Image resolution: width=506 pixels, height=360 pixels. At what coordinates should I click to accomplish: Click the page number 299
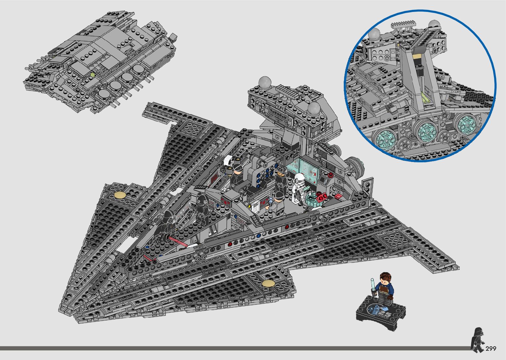coord(491,348)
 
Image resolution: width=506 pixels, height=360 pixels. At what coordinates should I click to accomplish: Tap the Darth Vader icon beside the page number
coord(477,339)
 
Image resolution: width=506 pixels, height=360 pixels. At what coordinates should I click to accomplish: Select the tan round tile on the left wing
coord(120,195)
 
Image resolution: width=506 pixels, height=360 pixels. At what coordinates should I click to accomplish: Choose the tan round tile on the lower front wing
coord(268,283)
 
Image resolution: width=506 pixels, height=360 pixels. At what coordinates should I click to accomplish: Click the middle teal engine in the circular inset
coord(426,130)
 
